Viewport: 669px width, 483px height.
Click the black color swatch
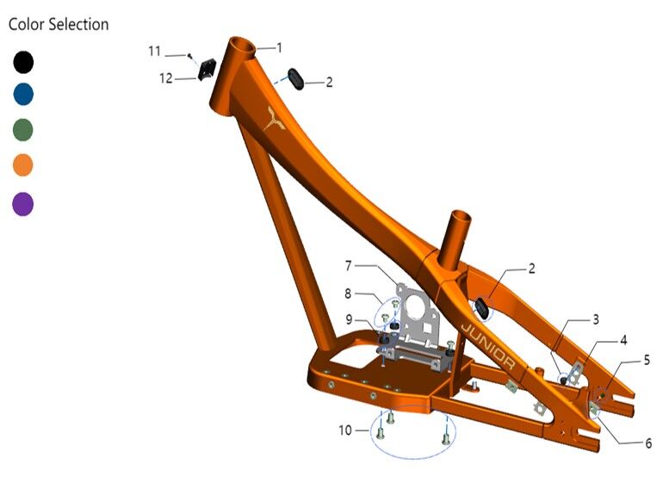23,62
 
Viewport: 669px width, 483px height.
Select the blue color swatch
23,95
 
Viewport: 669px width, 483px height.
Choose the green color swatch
23,130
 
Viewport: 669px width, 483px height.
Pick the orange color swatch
23,165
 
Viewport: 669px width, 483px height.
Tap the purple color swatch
23,204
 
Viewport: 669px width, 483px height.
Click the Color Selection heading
59,24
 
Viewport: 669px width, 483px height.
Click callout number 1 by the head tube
280,47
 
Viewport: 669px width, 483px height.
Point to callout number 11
154,51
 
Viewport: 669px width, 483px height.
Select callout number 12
165,78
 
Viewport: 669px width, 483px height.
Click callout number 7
349,266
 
